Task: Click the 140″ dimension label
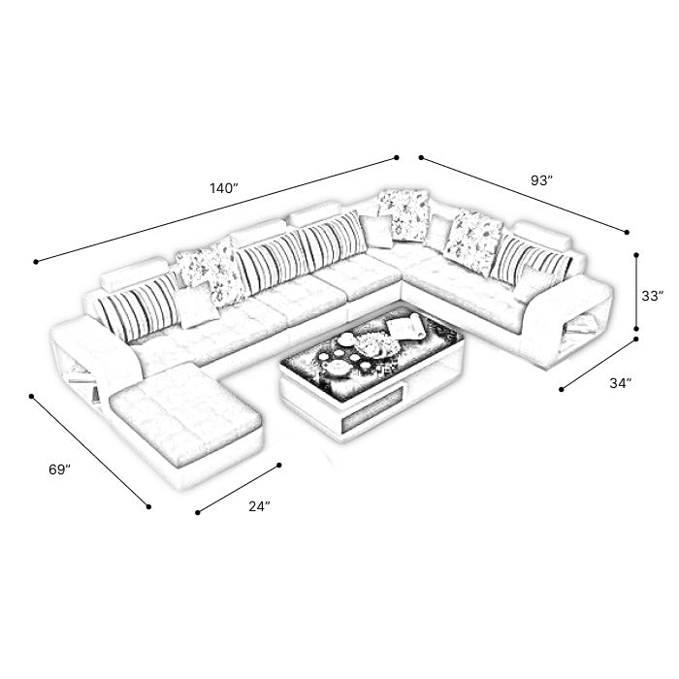pos(224,188)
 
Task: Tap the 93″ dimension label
pos(541,180)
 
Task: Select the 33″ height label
pos(653,296)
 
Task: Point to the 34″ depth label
pos(621,383)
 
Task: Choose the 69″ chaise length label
pos(59,469)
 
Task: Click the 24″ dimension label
pos(259,506)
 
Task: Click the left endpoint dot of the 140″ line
pos(36,262)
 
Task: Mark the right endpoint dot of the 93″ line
pos(627,233)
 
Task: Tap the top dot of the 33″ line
pos(636,255)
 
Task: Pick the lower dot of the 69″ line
pos(148,506)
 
